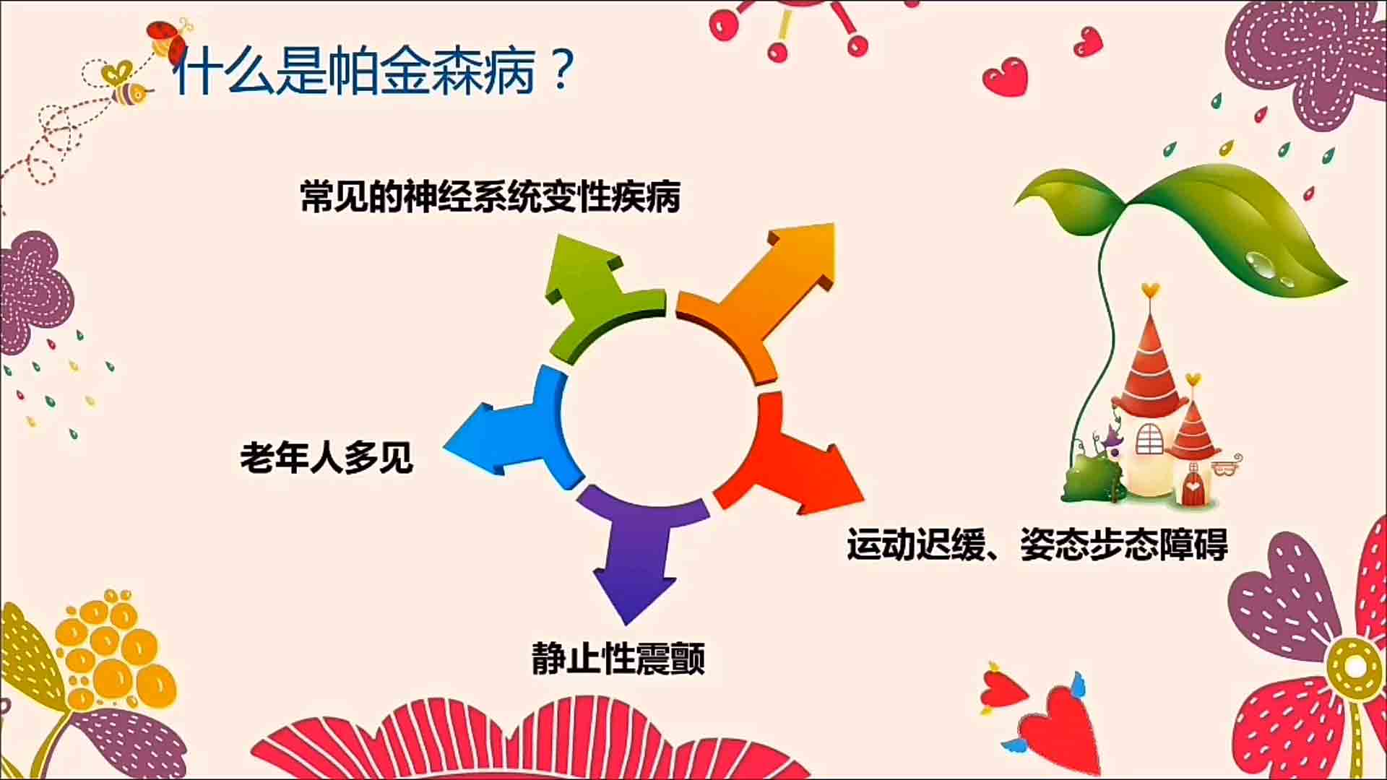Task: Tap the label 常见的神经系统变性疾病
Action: click(x=491, y=196)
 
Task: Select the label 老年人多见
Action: click(x=327, y=456)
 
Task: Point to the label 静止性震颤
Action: click(x=618, y=657)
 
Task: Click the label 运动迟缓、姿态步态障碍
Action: click(x=1037, y=545)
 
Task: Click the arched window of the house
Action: click(x=1149, y=438)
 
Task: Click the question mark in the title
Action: click(x=561, y=69)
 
